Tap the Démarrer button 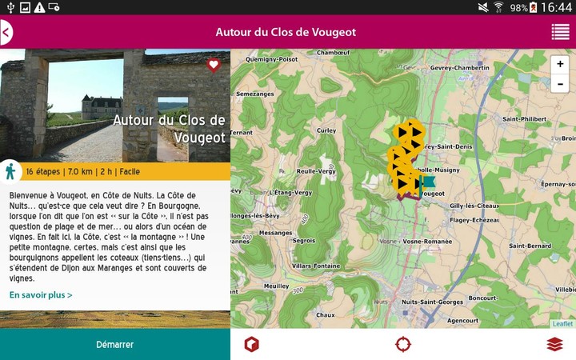[114, 344]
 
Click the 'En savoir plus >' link [41, 295]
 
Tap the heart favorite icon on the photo [214, 65]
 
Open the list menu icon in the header [560, 32]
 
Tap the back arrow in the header [6, 33]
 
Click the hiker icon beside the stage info [10, 171]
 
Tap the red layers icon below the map [554, 344]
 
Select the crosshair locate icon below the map [403, 344]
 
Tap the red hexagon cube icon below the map [252, 344]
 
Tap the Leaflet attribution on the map [562, 323]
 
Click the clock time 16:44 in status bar [557, 7]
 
